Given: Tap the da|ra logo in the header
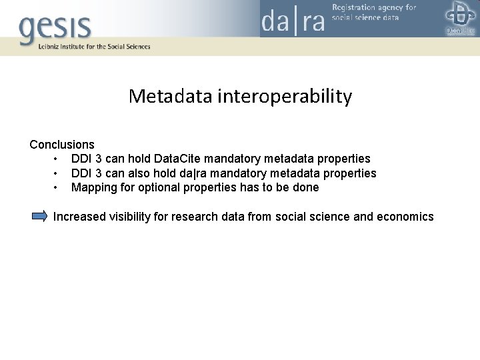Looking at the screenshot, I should coord(293,20).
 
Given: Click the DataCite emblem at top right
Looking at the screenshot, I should coord(459,17).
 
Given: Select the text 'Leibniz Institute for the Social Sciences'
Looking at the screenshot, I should coord(85,47).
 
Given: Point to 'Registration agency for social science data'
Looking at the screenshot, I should coord(373,13).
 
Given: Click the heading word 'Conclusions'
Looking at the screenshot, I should coord(62,145).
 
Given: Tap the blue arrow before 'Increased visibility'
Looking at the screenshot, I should coord(40,216).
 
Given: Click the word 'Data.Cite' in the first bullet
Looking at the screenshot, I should coord(177,159).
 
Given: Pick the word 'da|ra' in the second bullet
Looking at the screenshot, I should coord(199,173).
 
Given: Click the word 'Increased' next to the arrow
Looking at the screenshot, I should coord(80,217).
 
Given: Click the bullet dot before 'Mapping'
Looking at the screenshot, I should coord(57,188).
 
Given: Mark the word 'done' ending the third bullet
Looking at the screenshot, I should coord(306,187).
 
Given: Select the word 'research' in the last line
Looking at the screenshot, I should coord(199,217).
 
